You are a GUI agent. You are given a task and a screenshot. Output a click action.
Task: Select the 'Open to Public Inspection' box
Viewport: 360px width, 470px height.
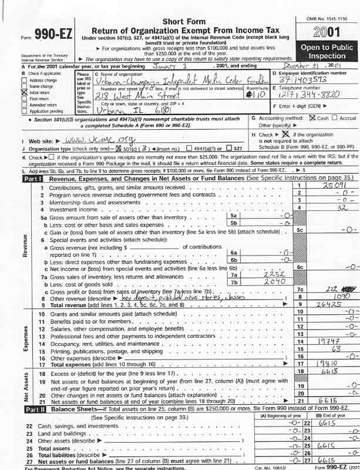[327, 51]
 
